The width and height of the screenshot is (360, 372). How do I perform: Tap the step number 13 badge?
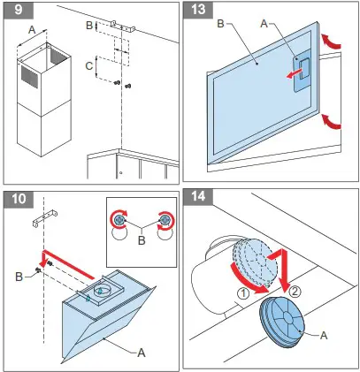[x=199, y=13]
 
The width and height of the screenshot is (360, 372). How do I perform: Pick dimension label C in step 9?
[x=87, y=65]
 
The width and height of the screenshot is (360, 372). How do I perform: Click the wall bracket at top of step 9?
[x=116, y=22]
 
